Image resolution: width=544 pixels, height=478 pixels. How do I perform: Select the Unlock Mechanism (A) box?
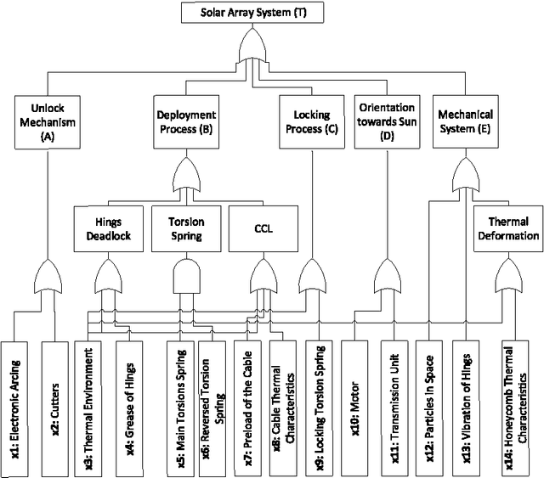pos(48,121)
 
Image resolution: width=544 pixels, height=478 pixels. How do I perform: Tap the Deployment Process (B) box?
pos(187,121)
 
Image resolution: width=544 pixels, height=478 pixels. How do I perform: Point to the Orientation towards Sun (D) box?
pos(387,121)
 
